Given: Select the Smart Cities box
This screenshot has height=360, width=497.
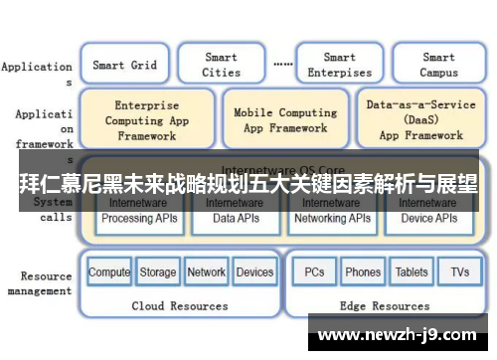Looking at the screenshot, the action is tap(221, 65).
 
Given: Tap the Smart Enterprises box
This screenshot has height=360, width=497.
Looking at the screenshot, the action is tap(339, 65).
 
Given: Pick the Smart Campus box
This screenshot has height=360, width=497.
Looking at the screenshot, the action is tap(438, 65).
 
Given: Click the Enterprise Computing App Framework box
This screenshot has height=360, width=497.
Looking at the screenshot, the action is tap(146, 120).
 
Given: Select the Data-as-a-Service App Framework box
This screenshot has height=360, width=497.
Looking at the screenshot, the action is tap(421, 120).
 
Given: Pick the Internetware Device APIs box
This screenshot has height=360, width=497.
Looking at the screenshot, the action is tap(428, 212).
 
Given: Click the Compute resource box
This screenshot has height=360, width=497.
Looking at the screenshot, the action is tap(109, 272).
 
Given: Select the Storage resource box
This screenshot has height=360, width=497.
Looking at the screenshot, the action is tap(158, 272).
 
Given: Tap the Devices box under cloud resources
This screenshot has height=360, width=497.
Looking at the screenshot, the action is tap(255, 272).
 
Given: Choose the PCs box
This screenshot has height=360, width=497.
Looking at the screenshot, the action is tap(314, 272).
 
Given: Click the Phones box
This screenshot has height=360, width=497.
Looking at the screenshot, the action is tap(363, 272).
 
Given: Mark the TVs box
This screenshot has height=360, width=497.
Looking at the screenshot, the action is tap(459, 272).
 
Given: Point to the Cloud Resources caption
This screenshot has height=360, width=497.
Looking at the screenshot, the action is tap(180, 306).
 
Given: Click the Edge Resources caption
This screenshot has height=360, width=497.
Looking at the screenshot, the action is tap(387, 306).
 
